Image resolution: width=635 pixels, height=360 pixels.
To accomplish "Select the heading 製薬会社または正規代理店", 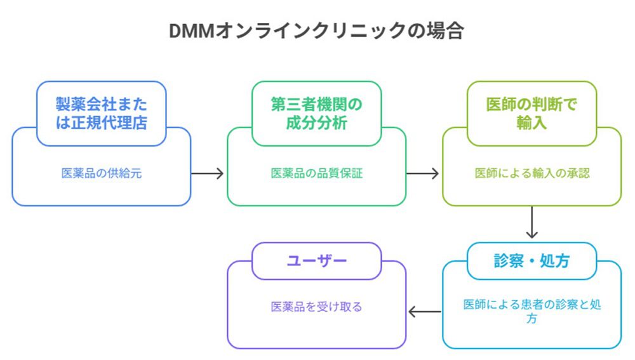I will [101, 113].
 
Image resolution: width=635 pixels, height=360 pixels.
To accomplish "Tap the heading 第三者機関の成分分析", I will [316, 113].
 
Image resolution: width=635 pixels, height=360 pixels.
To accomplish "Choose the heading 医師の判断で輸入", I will [531, 113].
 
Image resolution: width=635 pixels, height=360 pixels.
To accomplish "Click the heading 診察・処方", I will [531, 261].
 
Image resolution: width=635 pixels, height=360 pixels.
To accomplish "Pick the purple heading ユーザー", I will [316, 261].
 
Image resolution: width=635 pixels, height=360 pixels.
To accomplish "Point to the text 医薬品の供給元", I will [101, 173].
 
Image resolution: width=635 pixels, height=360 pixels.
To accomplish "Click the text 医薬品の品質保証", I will [316, 173].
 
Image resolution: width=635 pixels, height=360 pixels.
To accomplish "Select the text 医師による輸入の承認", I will [531, 173].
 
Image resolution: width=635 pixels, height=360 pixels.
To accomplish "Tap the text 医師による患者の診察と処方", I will [531, 311].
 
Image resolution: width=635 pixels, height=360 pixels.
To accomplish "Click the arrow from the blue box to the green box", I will [208, 173].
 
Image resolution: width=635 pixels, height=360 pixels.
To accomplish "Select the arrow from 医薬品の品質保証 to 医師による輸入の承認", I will [424, 173].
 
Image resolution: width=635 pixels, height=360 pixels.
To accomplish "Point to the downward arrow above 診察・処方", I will [531, 223].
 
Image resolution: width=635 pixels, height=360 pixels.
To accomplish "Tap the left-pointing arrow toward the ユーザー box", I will [424, 312].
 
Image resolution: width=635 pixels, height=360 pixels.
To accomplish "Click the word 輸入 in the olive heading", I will [531, 123].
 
